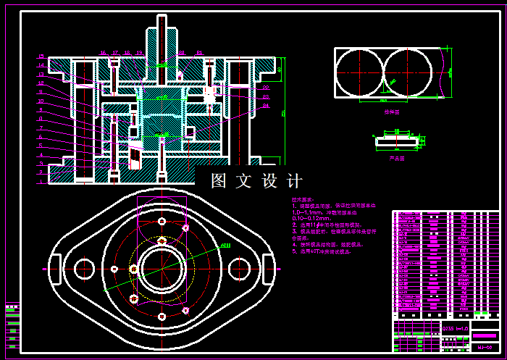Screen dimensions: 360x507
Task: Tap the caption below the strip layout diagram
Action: point(392,112)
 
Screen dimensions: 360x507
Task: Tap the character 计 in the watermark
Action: point(294,181)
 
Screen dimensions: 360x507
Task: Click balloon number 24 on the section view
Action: point(266,106)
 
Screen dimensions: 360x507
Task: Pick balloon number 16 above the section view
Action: point(104,53)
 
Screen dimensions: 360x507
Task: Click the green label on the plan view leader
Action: point(225,246)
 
